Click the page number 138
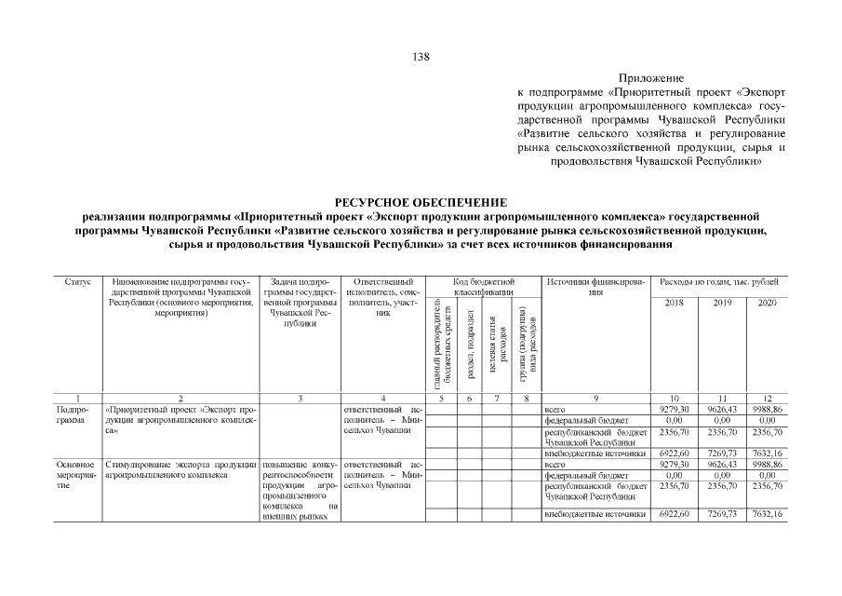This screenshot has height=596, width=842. (x=421, y=57)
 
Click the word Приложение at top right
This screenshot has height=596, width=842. (x=650, y=78)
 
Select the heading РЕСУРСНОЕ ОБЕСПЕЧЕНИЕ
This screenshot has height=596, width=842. (x=421, y=202)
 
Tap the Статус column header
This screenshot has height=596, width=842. (x=77, y=281)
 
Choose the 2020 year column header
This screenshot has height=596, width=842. (x=768, y=304)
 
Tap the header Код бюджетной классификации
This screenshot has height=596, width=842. (x=483, y=287)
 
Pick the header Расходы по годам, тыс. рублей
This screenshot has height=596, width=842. (x=719, y=281)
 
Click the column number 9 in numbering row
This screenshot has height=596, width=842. (x=596, y=399)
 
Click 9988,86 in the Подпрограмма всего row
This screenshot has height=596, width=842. (x=768, y=409)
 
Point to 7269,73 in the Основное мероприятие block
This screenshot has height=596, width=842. (x=722, y=515)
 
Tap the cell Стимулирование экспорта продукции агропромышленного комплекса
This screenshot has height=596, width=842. (x=180, y=468)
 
